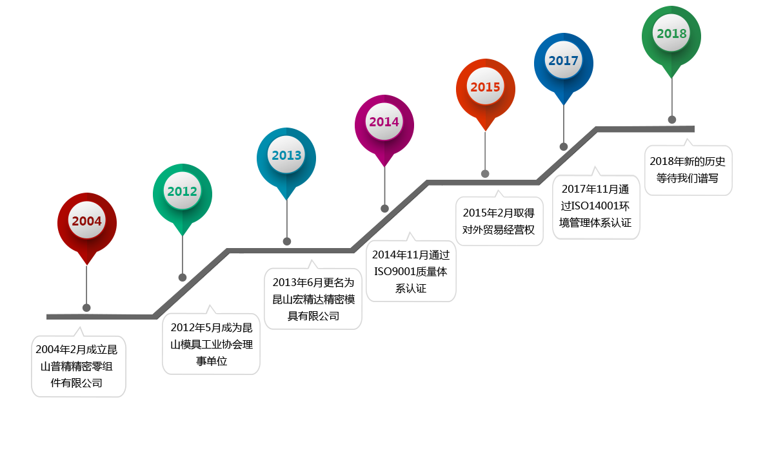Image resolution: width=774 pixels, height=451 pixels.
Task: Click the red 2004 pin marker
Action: coord(87,222)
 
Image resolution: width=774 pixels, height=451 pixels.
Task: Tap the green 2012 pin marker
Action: coord(183,191)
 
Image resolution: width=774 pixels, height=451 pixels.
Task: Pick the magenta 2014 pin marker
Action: coord(384,122)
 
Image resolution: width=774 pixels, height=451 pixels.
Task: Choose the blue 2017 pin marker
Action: coord(564,61)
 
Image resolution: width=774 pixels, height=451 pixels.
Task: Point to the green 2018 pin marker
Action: coord(671,34)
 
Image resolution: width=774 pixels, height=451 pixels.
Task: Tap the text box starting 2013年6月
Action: coord(313,295)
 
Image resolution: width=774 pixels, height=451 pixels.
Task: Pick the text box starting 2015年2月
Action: coord(499,219)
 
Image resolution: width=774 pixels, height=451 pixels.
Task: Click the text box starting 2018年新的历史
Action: coord(688,170)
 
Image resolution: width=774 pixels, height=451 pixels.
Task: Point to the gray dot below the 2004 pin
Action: coord(86,307)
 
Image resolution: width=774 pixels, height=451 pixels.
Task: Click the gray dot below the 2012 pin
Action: coord(183,277)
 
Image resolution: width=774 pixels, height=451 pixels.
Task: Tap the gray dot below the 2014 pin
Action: coord(385,208)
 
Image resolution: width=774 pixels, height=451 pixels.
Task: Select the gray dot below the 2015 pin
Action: coord(485,173)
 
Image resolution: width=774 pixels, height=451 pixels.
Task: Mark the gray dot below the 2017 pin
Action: coord(564,147)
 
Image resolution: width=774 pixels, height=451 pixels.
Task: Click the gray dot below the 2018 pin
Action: coord(672,119)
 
